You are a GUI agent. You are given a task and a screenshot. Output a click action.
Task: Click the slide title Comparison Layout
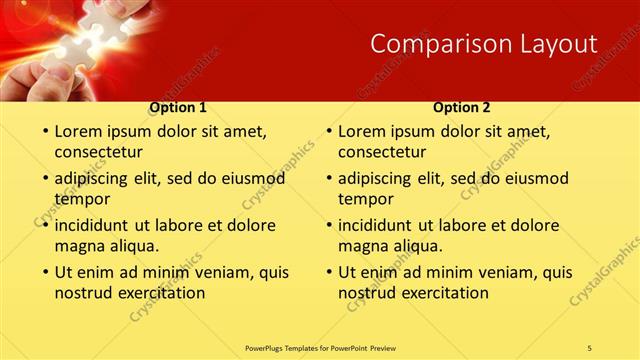point(484,43)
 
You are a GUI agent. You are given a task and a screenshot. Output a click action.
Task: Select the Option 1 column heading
point(178,107)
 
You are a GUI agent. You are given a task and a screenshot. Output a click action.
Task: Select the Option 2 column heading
point(462,107)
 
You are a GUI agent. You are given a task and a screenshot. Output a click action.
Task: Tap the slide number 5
point(590,347)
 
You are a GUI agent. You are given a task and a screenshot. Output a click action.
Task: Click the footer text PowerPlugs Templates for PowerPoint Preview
point(319,347)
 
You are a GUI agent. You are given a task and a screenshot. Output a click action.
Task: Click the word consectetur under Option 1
point(98,152)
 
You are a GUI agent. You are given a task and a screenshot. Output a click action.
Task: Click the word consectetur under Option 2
point(382,152)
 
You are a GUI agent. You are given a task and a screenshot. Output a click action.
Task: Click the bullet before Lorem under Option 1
point(44,131)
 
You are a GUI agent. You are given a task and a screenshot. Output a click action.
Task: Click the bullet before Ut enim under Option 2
point(328,272)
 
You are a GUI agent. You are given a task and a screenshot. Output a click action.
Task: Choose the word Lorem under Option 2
point(361,131)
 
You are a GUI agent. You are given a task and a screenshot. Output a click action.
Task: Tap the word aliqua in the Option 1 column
point(130,245)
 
